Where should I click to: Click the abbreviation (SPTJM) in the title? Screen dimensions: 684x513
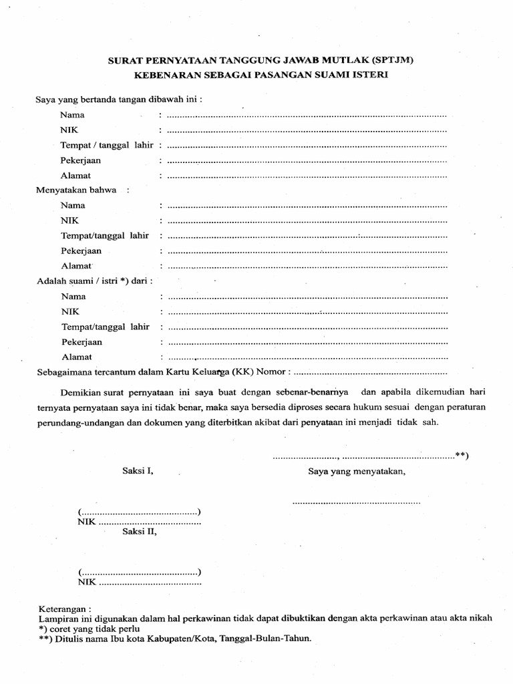point(389,60)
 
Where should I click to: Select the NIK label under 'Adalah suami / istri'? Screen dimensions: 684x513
point(70,311)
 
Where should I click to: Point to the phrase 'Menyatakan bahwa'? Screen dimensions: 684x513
point(76,190)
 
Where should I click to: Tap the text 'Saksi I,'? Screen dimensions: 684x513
point(138,470)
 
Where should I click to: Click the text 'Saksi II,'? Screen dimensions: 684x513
point(140,532)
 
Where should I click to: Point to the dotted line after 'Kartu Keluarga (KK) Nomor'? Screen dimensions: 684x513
point(370,372)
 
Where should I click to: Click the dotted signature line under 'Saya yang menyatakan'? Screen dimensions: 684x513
point(357,501)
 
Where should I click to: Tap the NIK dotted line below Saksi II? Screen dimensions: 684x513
point(150,583)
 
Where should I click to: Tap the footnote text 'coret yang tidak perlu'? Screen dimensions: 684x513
point(93,629)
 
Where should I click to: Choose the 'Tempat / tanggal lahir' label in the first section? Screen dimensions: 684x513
point(107,145)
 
